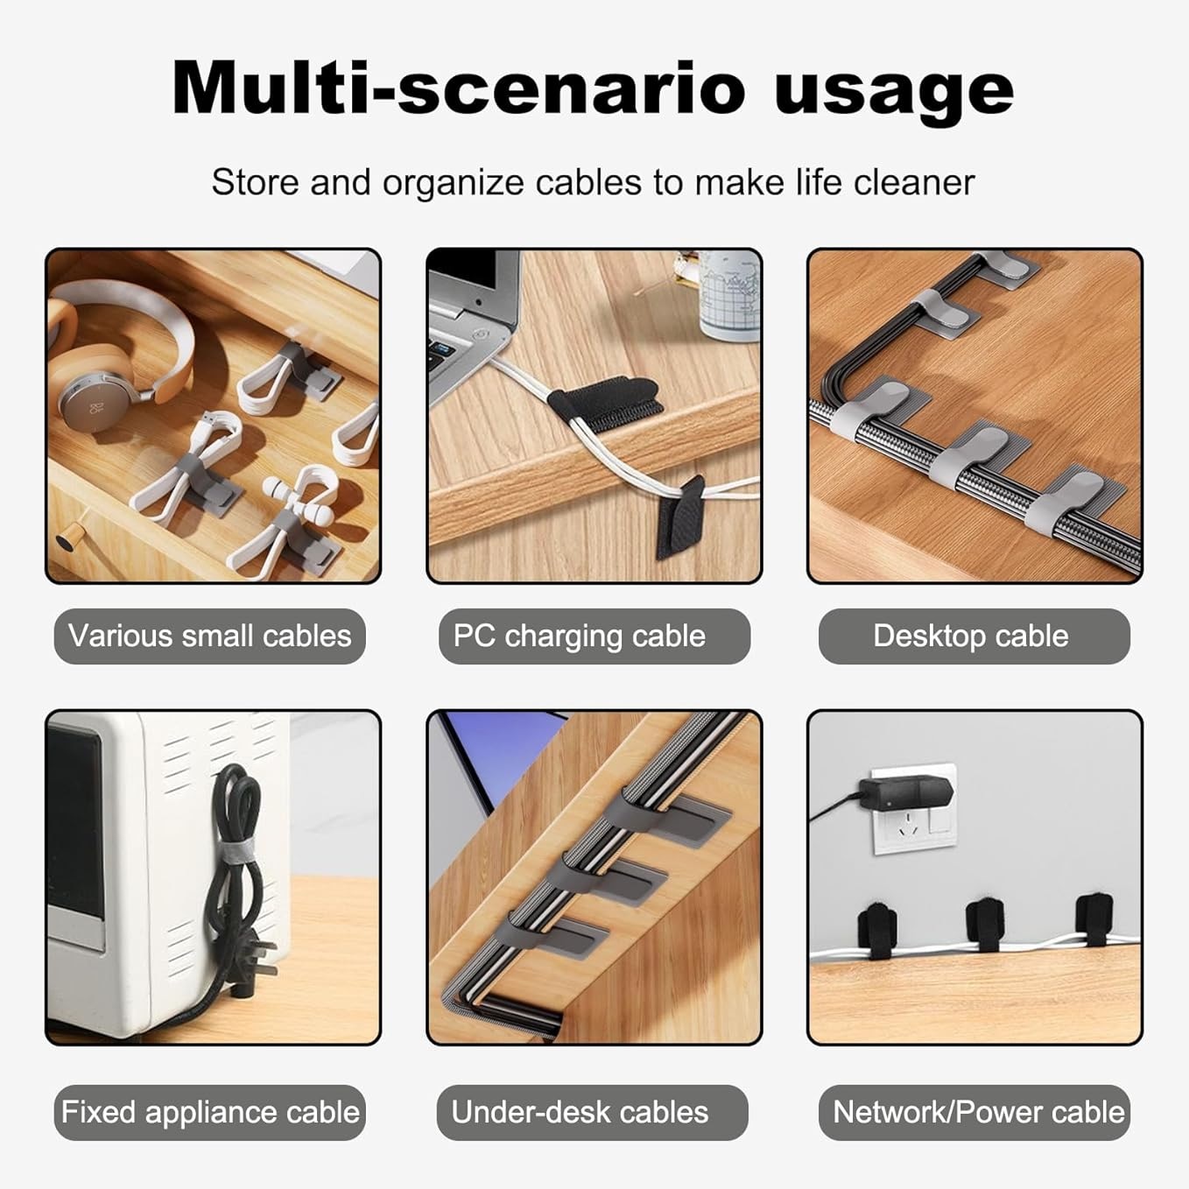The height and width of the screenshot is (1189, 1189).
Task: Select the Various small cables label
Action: [209, 636]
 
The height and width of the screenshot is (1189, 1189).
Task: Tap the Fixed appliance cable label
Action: [209, 1112]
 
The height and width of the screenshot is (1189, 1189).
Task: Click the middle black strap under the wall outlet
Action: [984, 926]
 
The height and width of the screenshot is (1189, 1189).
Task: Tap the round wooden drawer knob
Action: [65, 540]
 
